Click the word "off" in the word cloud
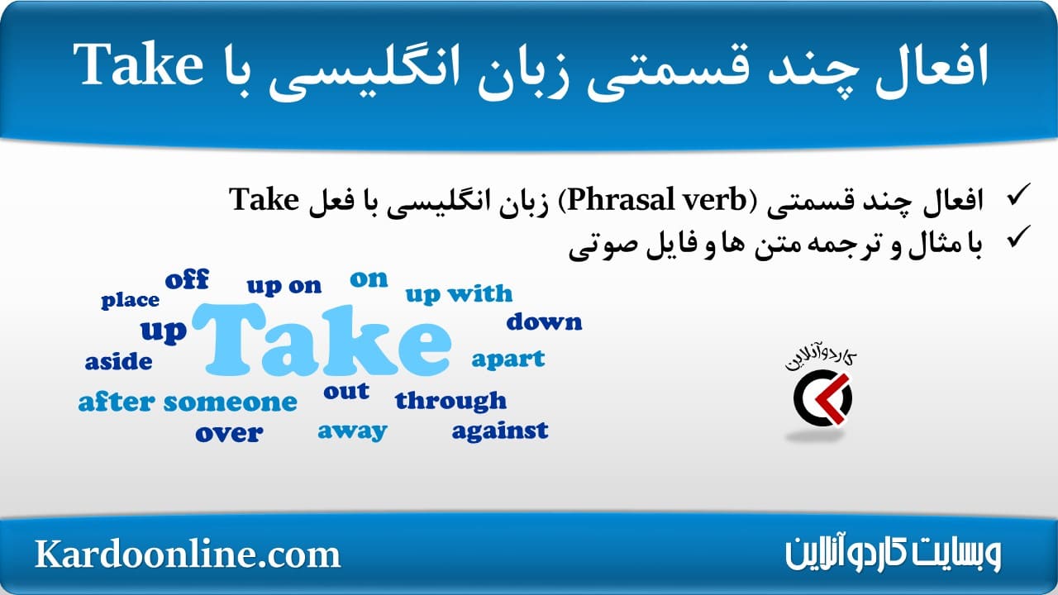187,279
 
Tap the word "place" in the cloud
130,300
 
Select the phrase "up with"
459,294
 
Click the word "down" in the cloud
544,321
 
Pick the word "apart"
508,359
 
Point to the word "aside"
118,361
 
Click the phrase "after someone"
188,402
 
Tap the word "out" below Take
346,391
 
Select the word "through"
450,401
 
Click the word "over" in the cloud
229,433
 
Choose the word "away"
352,431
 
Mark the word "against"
500,431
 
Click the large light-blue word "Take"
322,340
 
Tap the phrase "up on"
284,286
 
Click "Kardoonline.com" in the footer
188,554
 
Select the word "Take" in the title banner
138,64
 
